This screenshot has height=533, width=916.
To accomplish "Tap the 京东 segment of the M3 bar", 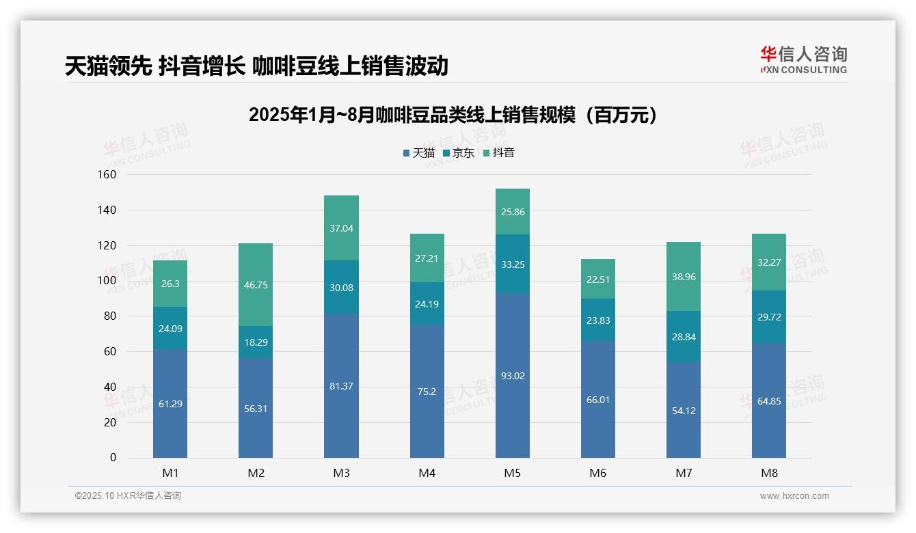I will point(341,287).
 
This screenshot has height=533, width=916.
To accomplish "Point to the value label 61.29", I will point(170,404).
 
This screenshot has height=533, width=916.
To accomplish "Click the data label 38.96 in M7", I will point(683,277).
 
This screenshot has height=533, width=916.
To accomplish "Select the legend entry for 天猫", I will point(418,153).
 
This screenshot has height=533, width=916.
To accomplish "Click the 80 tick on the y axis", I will point(109,316).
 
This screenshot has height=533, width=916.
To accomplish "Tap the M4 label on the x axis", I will point(427,473).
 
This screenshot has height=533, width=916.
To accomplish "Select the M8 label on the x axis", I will point(768,473).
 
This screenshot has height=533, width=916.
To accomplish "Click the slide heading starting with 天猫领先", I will point(256,66).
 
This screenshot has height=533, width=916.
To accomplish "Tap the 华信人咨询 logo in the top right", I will point(803,59).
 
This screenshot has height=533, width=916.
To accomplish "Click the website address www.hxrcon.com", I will point(794,496).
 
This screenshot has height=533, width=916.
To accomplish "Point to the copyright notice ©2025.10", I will point(128,496).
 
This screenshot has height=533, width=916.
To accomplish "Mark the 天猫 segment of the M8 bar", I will point(768,400).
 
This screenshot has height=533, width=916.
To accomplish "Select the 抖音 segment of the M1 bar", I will point(170,284).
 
